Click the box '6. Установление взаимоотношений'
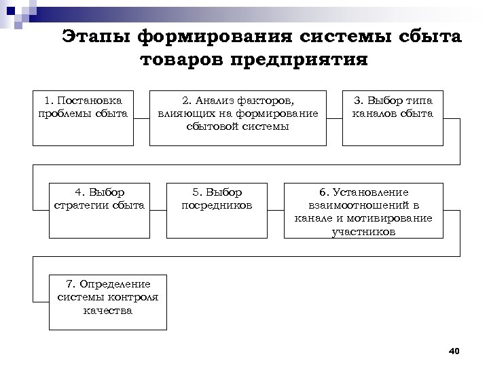tap(363, 211)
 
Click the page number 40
tap(454, 351)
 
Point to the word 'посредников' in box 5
tap(217, 205)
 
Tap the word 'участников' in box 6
tap(363, 231)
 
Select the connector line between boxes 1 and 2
tap(141, 117)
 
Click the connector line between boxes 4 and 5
tap(158, 210)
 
